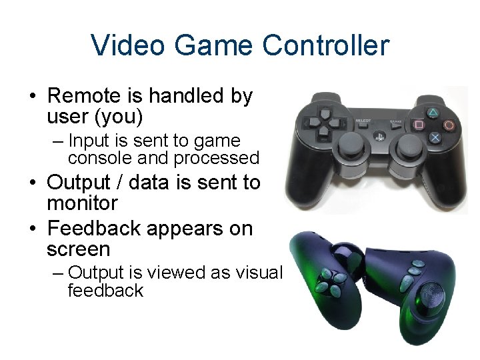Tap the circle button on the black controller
(449, 124)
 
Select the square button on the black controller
(419, 124)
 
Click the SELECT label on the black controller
(363, 121)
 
